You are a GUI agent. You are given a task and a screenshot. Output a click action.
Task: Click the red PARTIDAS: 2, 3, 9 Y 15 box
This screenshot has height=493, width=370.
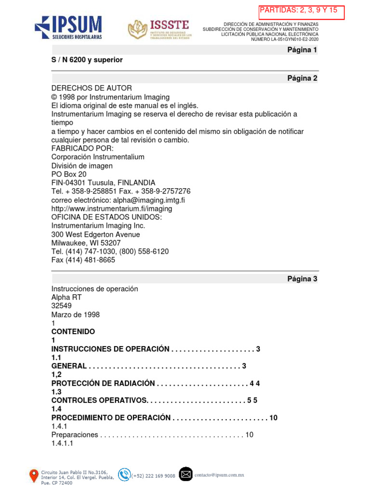pos(302,12)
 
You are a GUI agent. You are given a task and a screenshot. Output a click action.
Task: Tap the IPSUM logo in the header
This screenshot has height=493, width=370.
pos(68,27)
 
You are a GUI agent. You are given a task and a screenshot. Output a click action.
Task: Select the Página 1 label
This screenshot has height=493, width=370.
pos(302,50)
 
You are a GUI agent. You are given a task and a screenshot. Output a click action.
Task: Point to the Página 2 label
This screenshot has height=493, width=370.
pos(302,78)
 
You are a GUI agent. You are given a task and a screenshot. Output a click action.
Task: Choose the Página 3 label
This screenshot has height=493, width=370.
pos(302,279)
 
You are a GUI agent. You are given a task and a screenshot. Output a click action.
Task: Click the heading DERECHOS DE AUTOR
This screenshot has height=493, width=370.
pos(92,88)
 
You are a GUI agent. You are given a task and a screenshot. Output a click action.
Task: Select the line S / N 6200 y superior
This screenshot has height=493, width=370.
pos(87,60)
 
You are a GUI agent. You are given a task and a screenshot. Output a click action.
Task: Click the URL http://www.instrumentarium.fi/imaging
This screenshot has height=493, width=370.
pos(112,208)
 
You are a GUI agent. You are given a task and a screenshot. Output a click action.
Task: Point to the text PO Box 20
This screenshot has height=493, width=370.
pos(69,174)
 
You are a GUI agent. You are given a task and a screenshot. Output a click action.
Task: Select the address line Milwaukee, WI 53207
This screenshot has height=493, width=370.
pos(86,243)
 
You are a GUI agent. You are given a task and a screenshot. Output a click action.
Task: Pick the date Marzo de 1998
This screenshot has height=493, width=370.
pos(76,315)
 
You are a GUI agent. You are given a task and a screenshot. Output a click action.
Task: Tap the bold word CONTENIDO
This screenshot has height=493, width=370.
pos(73,332)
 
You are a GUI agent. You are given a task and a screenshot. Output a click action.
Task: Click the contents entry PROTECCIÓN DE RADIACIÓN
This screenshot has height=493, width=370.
pos(103,383)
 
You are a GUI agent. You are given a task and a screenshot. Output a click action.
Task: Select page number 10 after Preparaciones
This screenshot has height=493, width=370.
pos(250,435)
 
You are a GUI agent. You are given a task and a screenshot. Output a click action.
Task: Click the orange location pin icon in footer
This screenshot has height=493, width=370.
pos(34,476)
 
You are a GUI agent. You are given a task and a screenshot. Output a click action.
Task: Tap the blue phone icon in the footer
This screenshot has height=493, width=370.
pos(124,475)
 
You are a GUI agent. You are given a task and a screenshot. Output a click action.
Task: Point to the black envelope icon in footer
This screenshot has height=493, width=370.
pos(185,474)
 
